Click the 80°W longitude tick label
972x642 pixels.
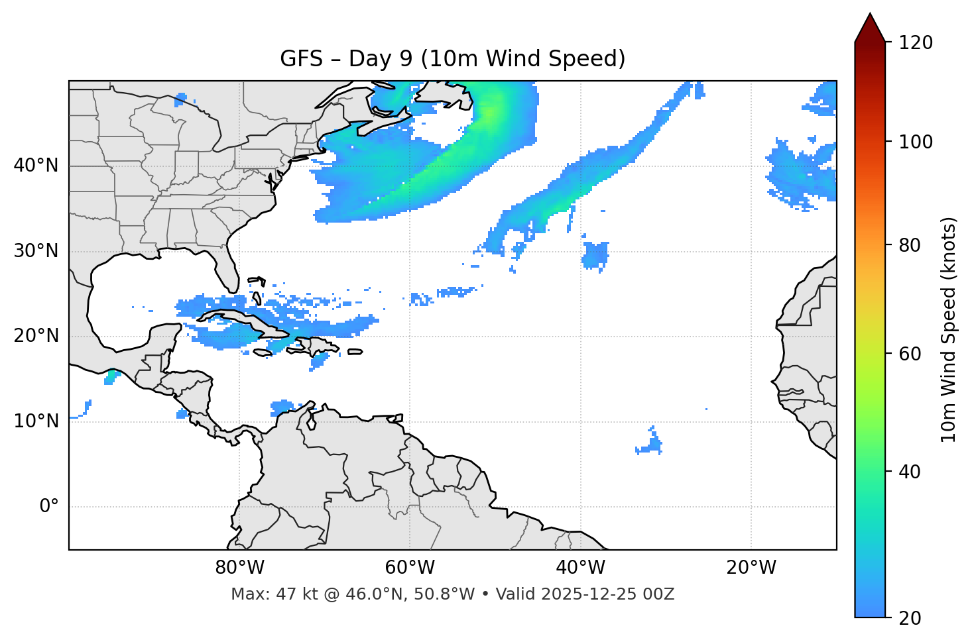(239, 568)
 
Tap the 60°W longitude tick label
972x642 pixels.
(410, 568)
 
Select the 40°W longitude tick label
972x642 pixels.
(580, 568)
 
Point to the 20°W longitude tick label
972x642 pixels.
(751, 568)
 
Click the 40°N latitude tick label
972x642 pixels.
(36, 166)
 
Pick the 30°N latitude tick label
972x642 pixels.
(36, 251)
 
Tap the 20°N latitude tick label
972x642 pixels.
(36, 336)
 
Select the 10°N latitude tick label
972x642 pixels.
(36, 421)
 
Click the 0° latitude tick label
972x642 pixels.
(49, 507)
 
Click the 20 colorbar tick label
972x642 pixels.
(908, 618)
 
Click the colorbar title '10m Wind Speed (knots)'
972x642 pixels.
(949, 329)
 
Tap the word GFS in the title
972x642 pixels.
(301, 59)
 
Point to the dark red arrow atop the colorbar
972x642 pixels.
(870, 28)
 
